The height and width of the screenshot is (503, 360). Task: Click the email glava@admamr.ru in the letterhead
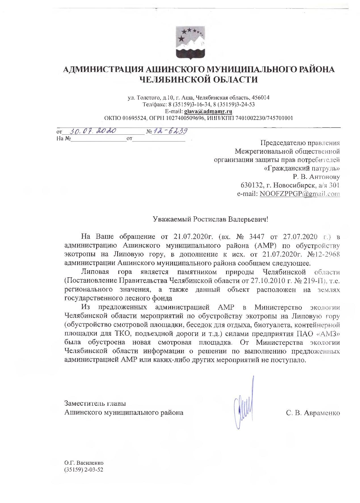(208, 111)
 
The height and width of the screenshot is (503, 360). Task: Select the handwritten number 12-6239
(170, 131)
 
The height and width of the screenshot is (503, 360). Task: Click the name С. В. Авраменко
(313, 413)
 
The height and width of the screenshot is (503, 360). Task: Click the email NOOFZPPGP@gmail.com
(300, 194)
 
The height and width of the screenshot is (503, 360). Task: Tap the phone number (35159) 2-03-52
(84, 470)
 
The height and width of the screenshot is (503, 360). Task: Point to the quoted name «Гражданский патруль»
(302, 168)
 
